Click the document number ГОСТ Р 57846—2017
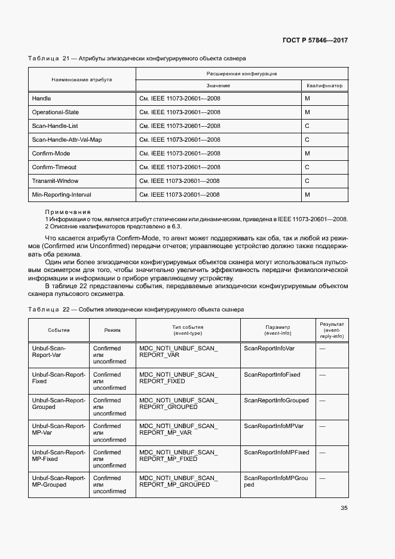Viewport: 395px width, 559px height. pos(315,40)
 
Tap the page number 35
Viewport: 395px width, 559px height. pos(344,508)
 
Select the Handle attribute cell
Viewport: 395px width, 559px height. pos(41,98)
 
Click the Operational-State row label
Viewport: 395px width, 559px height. pos(55,112)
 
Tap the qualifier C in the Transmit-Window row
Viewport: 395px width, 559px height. pos(307,181)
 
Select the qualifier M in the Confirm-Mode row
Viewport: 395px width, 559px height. pos(307,153)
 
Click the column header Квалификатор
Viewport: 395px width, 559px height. pos(324,85)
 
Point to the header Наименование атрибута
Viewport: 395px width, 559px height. pos(81,79)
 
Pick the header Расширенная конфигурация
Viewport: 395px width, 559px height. pos(241,73)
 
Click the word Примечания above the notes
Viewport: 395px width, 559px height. pos(68,212)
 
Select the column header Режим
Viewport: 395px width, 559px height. pos(112,330)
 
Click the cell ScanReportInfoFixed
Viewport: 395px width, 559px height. pos(272,374)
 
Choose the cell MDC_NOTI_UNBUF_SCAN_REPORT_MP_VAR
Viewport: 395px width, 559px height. pos(178,429)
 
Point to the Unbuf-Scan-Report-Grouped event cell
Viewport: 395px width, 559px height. pos(59,404)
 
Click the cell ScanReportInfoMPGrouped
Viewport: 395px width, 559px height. pos(276,481)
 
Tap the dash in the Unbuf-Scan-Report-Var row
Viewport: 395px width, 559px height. pos(322,348)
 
